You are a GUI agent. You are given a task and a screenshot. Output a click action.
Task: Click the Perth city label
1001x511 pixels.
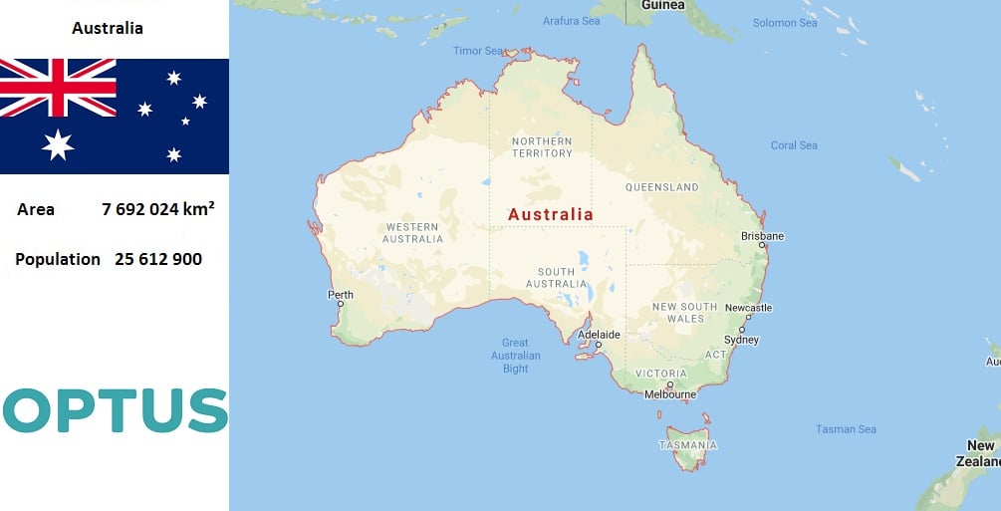340,295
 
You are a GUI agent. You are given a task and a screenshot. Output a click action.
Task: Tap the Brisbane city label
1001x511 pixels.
762,236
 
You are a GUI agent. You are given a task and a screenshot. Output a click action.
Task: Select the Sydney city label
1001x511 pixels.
741,340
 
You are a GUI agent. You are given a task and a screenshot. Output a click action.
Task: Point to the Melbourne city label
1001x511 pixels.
669,394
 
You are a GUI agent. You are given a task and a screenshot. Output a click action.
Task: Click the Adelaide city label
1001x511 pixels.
600,335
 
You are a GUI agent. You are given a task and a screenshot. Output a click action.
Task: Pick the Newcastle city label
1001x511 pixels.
748,308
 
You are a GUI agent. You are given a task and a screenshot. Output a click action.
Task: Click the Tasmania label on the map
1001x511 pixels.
687,444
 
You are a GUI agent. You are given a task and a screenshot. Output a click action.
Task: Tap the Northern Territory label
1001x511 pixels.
542,147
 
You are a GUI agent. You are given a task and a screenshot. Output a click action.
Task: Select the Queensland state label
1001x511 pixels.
661,187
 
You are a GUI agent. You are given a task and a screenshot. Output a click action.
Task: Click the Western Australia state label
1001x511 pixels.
413,233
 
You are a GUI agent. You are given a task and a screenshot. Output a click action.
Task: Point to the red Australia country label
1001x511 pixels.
550,214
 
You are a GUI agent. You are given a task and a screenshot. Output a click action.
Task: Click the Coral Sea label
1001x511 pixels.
794,145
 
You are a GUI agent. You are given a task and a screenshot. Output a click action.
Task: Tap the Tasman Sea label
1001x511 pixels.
846,429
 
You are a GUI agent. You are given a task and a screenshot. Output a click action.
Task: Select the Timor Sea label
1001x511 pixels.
478,51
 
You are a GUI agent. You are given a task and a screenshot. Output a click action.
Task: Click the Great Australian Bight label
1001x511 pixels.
515,356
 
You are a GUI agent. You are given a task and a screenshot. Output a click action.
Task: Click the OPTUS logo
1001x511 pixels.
115,410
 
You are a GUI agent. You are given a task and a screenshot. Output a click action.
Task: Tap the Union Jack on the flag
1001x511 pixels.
58,88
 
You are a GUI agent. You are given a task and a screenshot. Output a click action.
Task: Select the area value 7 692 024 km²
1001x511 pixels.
158,209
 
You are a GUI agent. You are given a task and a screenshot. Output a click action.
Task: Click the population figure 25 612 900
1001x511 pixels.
158,259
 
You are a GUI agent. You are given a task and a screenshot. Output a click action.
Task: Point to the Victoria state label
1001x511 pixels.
660,374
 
